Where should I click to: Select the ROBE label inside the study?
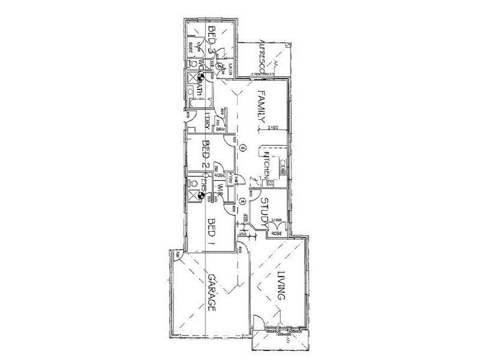276,234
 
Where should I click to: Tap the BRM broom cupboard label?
220,130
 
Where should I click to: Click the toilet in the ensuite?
193,183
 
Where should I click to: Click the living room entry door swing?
256,321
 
